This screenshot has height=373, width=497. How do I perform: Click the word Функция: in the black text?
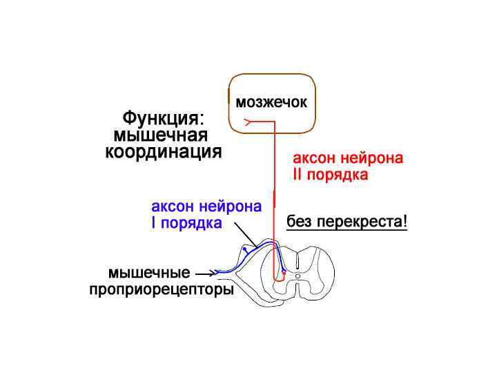(x=163, y=119)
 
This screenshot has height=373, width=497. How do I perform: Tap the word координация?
(x=164, y=152)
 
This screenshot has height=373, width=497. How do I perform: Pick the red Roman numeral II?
(x=298, y=175)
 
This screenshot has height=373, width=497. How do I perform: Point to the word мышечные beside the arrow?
(x=148, y=273)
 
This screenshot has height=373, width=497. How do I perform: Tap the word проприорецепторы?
(x=162, y=290)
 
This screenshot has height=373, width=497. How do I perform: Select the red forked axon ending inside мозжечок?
(x=247, y=122)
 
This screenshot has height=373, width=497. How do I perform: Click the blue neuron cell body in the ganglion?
(x=244, y=249)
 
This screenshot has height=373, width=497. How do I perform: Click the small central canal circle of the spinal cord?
(x=298, y=276)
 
